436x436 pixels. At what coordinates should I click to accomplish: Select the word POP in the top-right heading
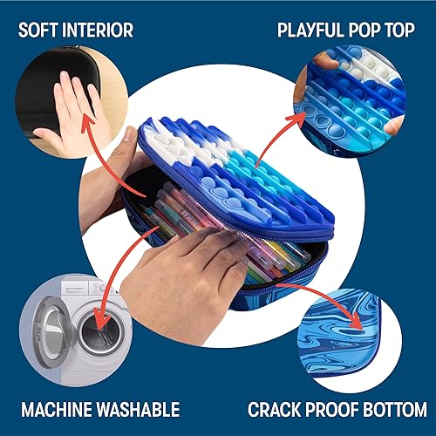(x=369, y=31)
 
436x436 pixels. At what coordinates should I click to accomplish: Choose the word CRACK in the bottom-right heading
(x=277, y=409)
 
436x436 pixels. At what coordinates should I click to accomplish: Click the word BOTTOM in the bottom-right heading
(x=396, y=409)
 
